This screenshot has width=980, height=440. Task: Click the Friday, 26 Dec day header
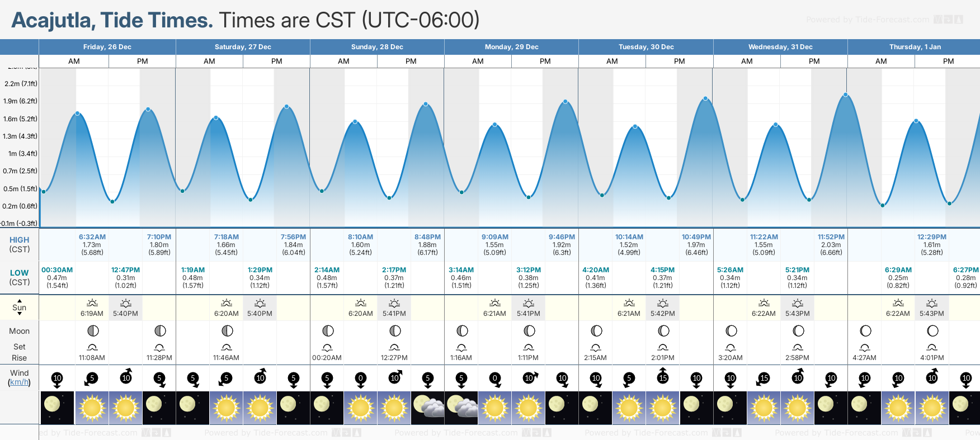click(x=107, y=47)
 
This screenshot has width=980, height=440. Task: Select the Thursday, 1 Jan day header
click(x=915, y=47)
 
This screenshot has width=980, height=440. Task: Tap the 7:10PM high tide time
click(x=159, y=237)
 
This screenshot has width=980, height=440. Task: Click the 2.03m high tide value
click(x=831, y=245)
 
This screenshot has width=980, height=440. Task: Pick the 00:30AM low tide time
click(x=57, y=270)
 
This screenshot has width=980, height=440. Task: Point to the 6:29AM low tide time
click(x=898, y=270)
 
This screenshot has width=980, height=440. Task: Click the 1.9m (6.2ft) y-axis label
click(x=20, y=101)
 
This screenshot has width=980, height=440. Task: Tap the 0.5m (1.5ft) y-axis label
click(x=20, y=189)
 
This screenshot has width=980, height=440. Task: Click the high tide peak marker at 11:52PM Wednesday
click(x=846, y=95)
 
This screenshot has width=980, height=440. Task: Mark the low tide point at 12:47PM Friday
click(x=112, y=201)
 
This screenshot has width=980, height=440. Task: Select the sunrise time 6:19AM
click(x=92, y=314)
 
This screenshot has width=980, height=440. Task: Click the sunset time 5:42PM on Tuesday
click(x=662, y=314)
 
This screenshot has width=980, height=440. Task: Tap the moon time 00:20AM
click(x=327, y=358)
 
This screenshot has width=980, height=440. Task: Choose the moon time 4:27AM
click(x=864, y=358)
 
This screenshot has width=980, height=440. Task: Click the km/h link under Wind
click(x=19, y=382)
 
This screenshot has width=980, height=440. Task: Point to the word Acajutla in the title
click(x=51, y=20)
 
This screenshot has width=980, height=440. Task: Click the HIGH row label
click(x=19, y=240)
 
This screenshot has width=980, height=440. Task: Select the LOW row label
click(x=19, y=273)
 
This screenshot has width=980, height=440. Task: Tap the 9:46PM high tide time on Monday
click(x=562, y=237)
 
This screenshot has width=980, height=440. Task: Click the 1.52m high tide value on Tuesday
click(x=629, y=245)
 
